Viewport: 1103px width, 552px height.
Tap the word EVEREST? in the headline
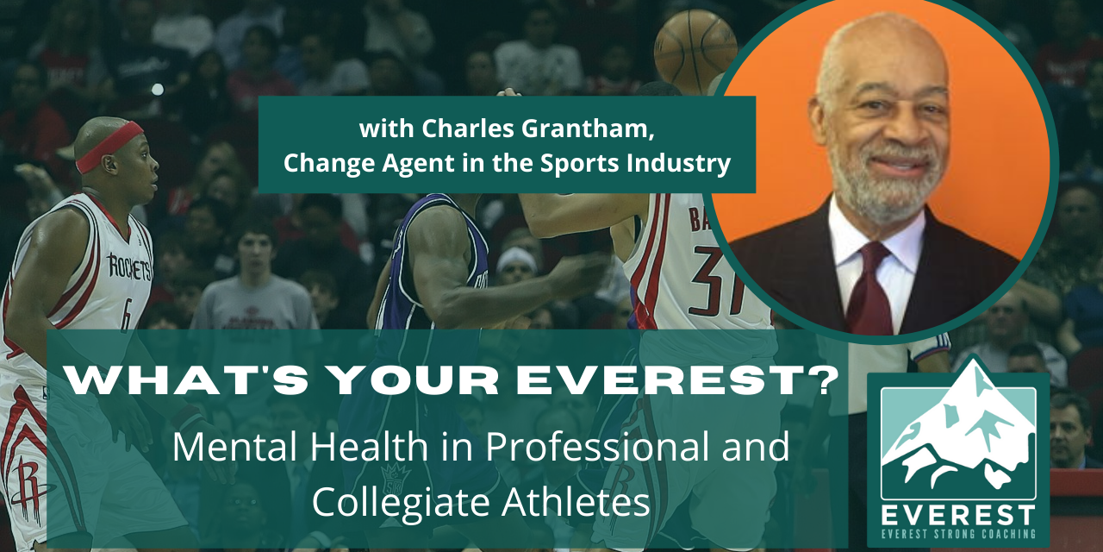tap(682, 382)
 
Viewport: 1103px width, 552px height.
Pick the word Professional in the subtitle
tap(586, 448)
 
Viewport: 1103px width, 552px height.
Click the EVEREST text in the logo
tap(957, 514)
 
